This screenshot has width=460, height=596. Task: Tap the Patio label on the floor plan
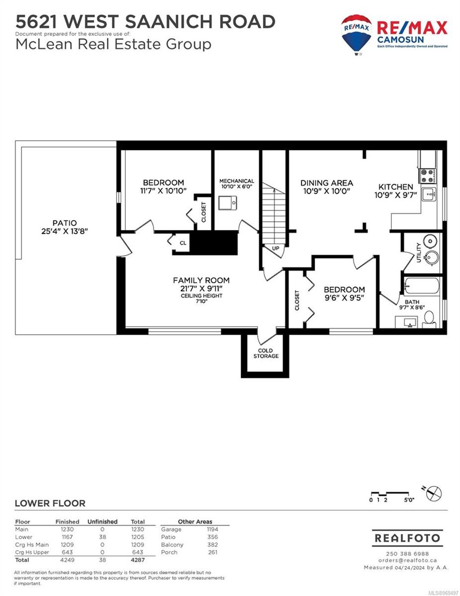[x=64, y=223]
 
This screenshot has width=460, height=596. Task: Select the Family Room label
[x=201, y=280]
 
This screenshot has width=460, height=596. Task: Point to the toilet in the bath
[x=429, y=320]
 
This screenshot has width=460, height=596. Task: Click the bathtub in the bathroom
[x=422, y=286]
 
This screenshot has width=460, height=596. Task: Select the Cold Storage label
[x=265, y=353]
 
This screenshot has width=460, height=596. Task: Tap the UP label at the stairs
[x=275, y=249]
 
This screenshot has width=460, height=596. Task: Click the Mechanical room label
[x=237, y=181]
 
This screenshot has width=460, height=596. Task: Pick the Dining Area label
[x=327, y=183]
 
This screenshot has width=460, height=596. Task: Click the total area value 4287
[x=137, y=560]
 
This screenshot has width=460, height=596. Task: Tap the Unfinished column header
[x=102, y=522]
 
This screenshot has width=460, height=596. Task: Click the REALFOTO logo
[x=407, y=538]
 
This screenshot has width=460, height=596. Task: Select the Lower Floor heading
[x=50, y=503]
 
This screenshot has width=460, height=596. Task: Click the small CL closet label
[x=183, y=243]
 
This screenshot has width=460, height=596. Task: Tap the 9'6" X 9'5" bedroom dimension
[x=344, y=298]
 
